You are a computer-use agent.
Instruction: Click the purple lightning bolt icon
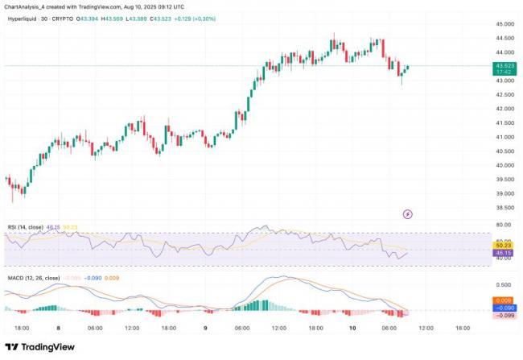[407, 213]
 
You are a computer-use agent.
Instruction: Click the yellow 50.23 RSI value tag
[504, 246]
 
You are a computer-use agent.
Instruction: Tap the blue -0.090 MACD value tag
[504, 308]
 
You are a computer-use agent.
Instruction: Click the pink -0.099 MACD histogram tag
[504, 315]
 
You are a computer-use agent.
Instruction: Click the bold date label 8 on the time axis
[58, 328]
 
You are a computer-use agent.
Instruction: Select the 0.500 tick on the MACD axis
[504, 284]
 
